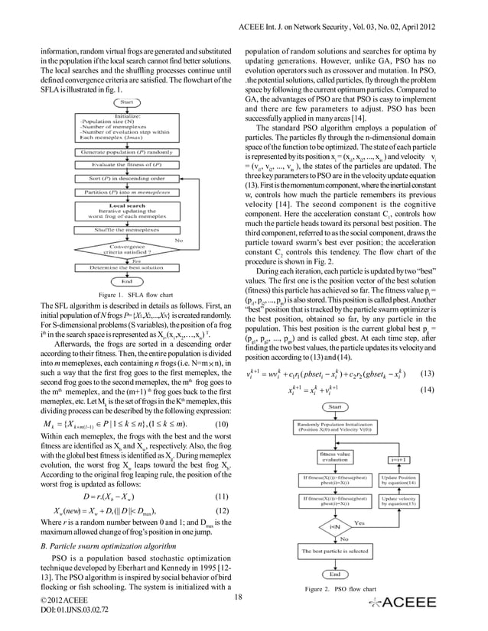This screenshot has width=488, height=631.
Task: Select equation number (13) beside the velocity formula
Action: (428, 375)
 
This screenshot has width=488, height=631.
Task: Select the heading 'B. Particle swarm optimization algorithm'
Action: (112, 546)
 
